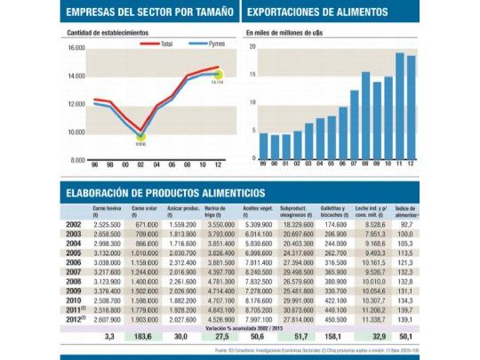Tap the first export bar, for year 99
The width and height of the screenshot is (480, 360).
(263, 146)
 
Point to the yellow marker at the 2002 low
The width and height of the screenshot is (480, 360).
(140, 134)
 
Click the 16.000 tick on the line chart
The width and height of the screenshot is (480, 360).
(75, 48)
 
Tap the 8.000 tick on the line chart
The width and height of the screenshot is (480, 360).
(76, 160)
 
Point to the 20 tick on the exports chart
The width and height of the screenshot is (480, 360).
(252, 47)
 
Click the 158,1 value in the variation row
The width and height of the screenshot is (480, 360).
(335, 338)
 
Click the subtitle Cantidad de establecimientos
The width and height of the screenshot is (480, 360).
(108, 33)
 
